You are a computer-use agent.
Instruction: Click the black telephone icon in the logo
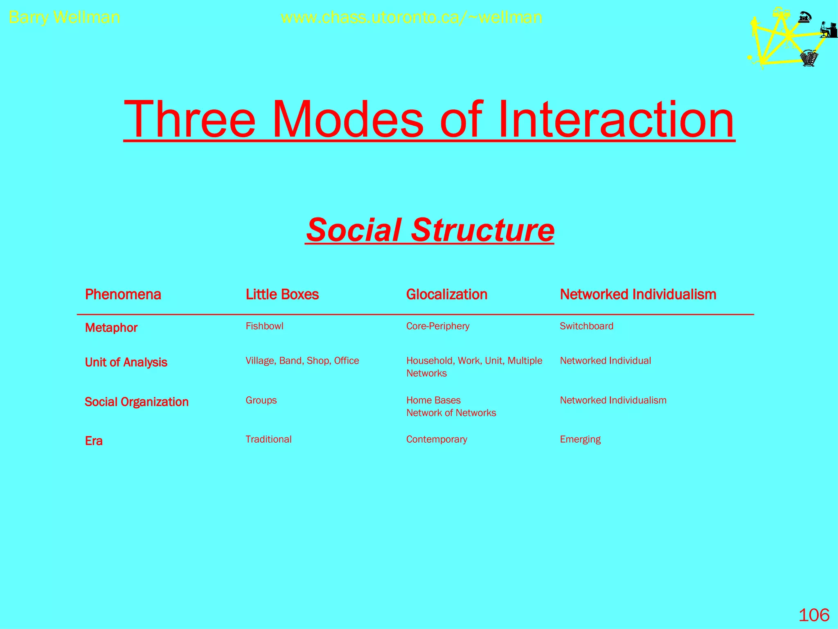click(805, 17)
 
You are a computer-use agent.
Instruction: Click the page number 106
click(814, 615)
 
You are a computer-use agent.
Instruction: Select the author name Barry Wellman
click(64, 18)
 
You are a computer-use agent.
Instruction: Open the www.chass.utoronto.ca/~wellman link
click(412, 18)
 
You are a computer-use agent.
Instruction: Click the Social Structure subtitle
click(430, 230)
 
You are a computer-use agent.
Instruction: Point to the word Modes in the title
click(348, 120)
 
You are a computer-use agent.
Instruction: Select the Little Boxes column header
click(282, 294)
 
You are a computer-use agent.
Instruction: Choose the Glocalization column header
click(446, 294)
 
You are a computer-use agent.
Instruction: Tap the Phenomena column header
click(123, 294)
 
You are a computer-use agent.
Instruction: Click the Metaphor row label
click(111, 328)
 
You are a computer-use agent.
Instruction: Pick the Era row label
click(94, 441)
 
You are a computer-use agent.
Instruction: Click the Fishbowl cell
click(264, 326)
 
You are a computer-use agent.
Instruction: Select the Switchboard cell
click(586, 326)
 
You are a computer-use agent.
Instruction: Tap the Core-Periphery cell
click(437, 326)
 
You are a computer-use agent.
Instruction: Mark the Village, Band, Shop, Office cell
click(302, 360)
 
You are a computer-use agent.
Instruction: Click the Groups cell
click(261, 400)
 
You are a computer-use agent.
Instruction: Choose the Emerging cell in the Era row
click(580, 439)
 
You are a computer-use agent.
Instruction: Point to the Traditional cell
click(268, 439)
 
